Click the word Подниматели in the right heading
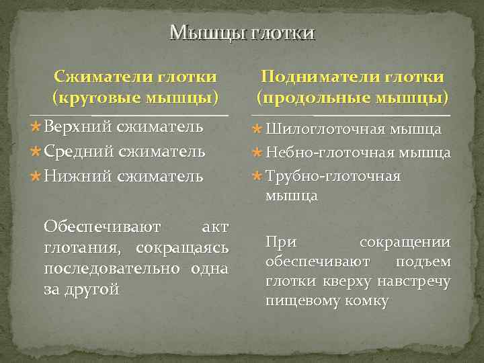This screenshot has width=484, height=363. (311, 77)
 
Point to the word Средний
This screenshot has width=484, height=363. (79, 151)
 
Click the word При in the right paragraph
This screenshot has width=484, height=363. (280, 241)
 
